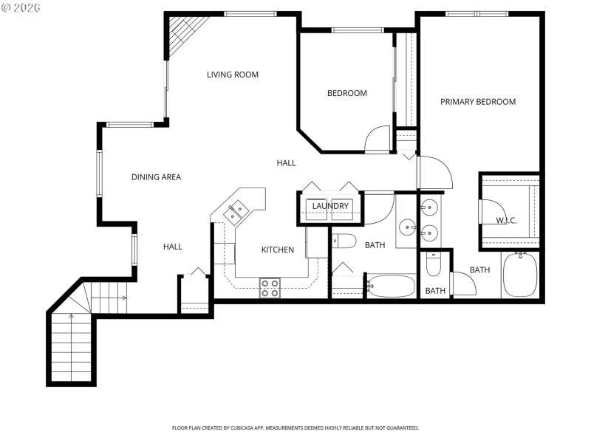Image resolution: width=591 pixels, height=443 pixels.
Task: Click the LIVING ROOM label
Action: [232, 75]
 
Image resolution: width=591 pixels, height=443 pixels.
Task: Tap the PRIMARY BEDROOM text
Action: [478, 102]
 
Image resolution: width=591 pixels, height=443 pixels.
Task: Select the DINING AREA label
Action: [156, 177]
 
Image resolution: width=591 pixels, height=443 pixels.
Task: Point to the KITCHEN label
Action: [278, 250]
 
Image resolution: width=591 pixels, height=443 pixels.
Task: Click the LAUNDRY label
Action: [329, 206]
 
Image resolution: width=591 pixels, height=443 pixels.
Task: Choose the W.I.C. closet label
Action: [506, 221]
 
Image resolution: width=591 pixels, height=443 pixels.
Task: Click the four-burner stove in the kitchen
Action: [270, 288]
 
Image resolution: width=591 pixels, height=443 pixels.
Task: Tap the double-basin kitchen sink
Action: [238, 212]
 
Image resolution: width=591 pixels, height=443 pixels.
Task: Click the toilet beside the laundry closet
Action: [344, 241]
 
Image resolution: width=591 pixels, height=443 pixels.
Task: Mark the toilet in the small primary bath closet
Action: [434, 264]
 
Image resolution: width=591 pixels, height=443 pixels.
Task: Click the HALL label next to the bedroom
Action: [286, 162]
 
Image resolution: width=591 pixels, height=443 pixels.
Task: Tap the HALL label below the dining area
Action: [172, 247]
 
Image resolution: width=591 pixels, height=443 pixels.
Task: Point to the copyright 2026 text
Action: [21, 7]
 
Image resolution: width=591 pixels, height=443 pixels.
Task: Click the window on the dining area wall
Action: [98, 174]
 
